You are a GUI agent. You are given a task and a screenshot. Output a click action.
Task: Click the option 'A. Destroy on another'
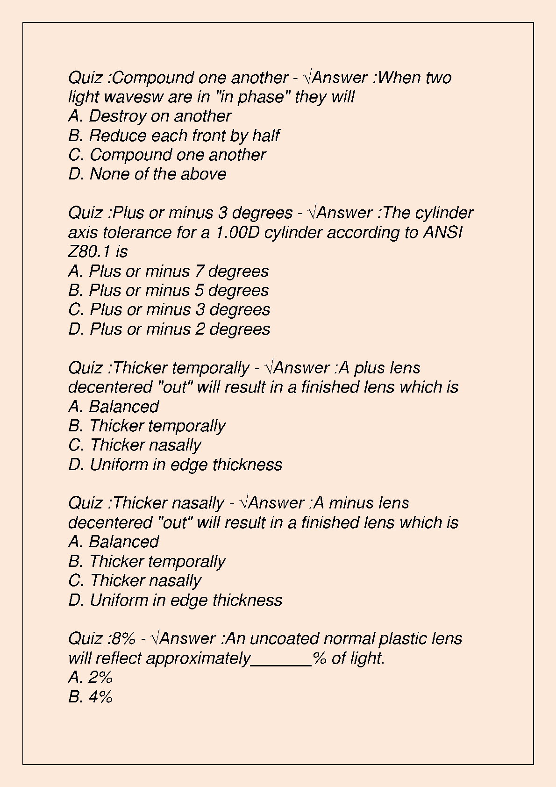(x=150, y=116)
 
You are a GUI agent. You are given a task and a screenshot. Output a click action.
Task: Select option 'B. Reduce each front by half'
(x=173, y=136)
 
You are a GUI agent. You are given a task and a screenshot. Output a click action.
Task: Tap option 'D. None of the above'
(x=147, y=174)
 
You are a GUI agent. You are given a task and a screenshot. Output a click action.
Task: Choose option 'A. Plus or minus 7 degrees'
(x=168, y=271)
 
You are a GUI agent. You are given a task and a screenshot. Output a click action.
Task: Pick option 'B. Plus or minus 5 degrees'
(x=168, y=290)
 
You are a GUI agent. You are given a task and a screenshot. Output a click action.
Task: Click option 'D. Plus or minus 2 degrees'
(x=169, y=329)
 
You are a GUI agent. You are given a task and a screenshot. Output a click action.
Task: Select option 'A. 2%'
(x=91, y=677)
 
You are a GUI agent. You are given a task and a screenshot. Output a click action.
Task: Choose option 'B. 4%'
(x=91, y=697)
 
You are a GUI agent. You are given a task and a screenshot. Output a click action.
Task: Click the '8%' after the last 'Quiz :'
(x=124, y=638)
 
